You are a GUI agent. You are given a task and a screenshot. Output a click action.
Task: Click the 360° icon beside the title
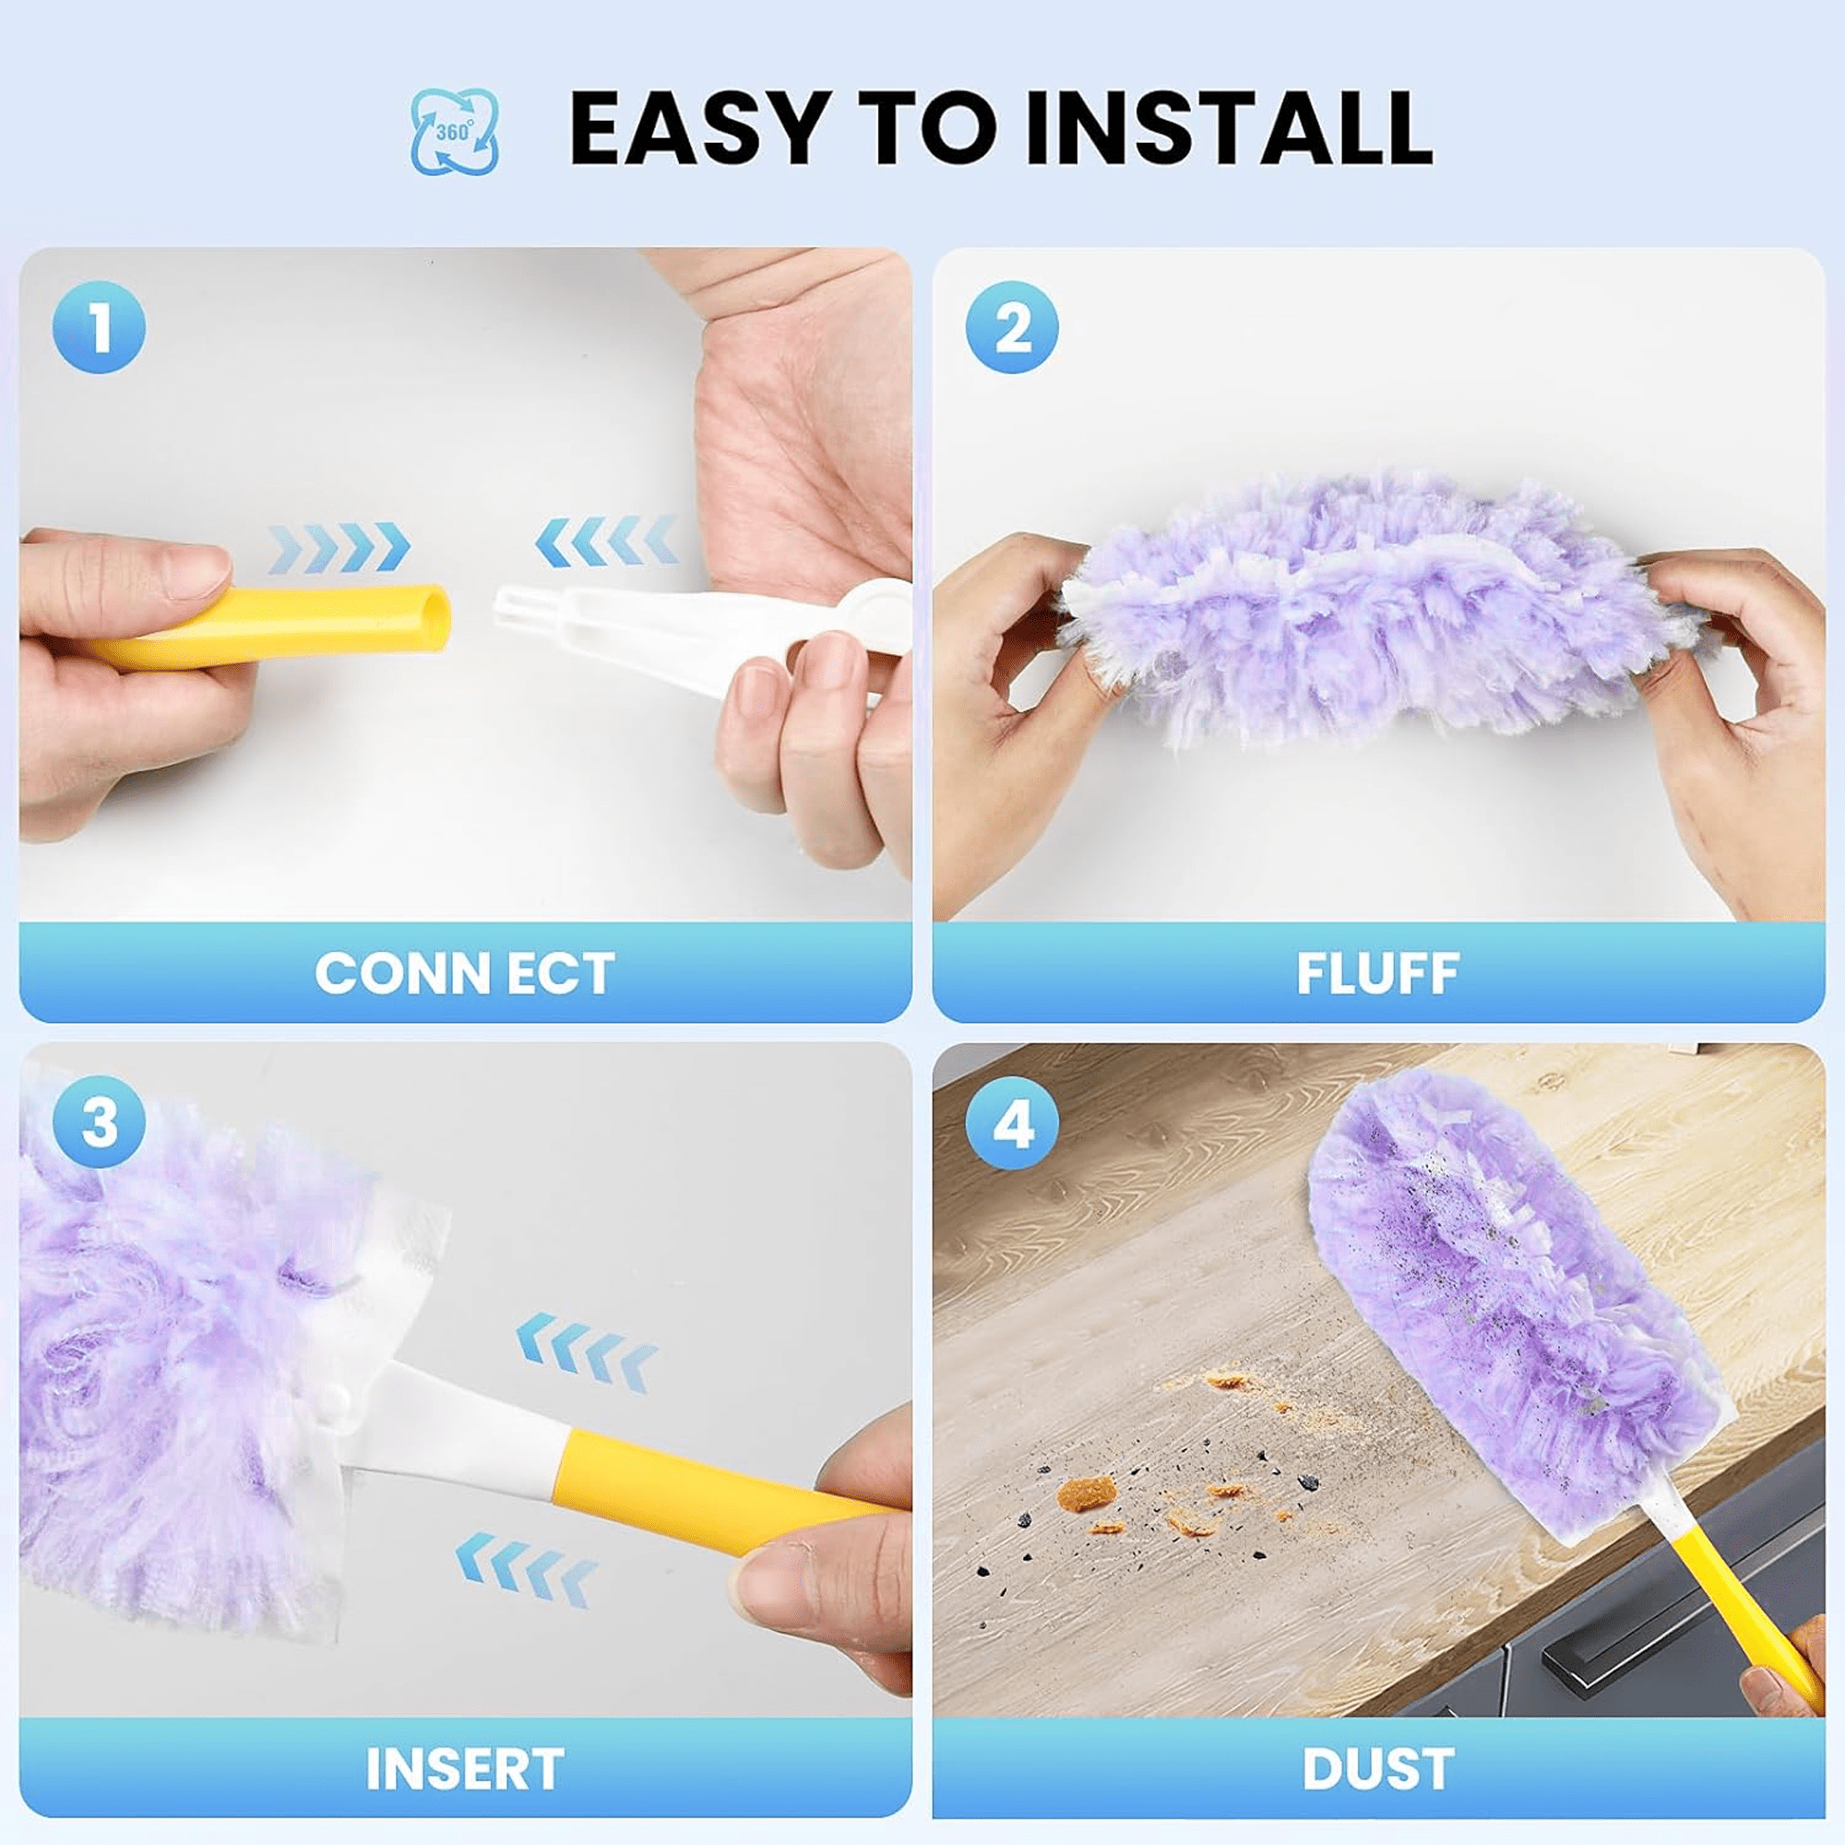coord(455,132)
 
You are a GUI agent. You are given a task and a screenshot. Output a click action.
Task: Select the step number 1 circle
coord(100,327)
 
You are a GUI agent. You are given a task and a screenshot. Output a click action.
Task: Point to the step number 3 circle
coord(100,1121)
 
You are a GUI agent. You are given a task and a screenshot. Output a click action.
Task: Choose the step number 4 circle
coord(1012,1123)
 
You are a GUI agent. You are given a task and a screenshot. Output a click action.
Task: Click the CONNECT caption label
coord(464,974)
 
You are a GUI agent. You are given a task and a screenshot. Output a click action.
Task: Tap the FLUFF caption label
coord(1377,974)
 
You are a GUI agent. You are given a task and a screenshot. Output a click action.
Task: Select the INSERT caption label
coord(464,1768)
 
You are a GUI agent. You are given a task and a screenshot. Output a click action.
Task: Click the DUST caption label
coord(1377,1768)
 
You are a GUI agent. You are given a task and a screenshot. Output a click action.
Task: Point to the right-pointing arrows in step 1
coord(339,546)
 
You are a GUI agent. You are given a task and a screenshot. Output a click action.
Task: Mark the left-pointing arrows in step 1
coord(607,541)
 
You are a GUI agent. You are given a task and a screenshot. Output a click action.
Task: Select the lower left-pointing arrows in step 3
coord(526,1581)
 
